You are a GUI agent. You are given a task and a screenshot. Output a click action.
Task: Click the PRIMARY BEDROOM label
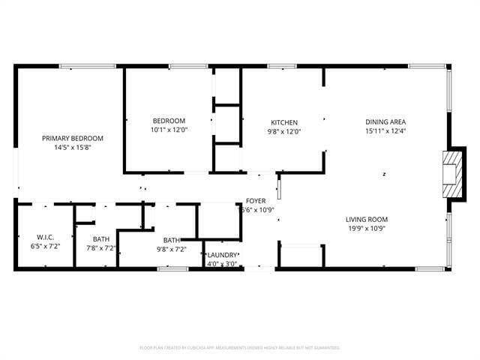(73, 138)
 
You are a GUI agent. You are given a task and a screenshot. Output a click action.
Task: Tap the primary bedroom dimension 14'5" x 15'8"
(73, 147)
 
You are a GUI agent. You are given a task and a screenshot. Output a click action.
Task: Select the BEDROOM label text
(169, 121)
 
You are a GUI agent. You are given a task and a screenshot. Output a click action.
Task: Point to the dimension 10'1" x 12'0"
(169, 130)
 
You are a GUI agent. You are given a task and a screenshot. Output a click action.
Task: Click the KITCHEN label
(284, 122)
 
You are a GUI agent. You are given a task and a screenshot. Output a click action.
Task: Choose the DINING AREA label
(385, 122)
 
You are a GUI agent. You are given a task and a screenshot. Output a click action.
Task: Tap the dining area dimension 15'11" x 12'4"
(385, 131)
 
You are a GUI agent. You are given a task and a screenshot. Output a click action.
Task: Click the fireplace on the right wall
(452, 174)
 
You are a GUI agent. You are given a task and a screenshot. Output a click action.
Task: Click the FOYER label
(255, 202)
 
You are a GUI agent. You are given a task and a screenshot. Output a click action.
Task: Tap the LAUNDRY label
(222, 255)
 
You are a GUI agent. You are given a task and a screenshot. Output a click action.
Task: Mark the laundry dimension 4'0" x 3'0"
(222, 263)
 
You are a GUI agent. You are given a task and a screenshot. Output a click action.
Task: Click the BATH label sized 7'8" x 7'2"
(101, 239)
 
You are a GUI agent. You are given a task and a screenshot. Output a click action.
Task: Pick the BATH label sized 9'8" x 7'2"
(171, 241)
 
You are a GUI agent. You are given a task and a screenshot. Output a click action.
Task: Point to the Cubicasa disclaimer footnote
(240, 348)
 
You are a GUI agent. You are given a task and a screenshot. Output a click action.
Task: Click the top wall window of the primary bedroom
(88, 67)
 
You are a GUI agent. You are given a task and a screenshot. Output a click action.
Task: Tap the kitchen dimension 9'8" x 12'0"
(284, 131)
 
